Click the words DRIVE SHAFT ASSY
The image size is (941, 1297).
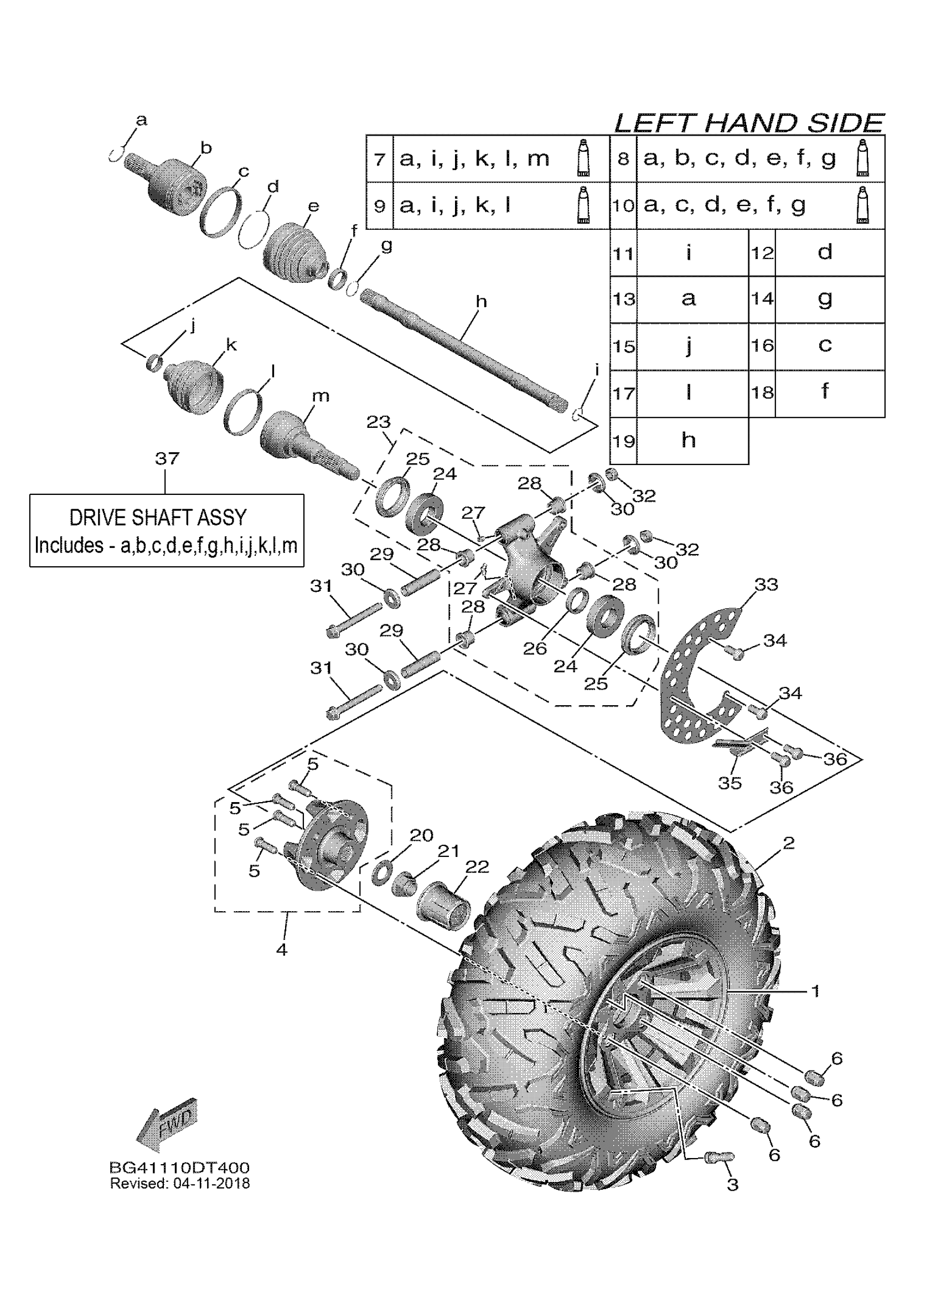(158, 518)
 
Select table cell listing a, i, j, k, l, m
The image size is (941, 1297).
(474, 158)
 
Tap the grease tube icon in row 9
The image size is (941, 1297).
(582, 205)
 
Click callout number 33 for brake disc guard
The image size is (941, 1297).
(766, 585)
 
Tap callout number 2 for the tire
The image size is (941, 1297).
(788, 843)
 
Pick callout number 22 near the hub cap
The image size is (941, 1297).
(477, 867)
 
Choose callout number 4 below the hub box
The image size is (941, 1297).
(281, 950)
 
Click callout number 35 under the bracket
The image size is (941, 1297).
(730, 783)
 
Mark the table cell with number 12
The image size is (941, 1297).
(762, 253)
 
